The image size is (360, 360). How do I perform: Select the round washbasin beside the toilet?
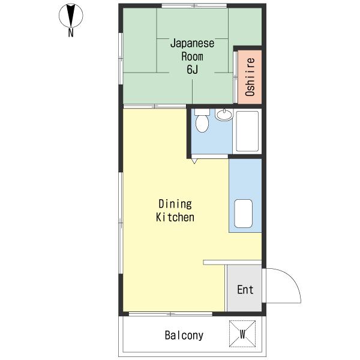pos(224,115)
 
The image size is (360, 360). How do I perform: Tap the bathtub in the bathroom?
pos(247,131)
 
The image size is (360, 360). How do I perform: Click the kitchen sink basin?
pos(244,214)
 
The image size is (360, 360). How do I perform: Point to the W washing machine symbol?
pos(242,334)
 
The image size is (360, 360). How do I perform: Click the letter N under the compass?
pos(71,32)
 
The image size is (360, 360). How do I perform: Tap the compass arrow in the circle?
pos(71,16)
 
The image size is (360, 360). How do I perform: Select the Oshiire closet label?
pos(250,77)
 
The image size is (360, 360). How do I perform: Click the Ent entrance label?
pos(245,290)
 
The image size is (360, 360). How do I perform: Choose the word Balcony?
pos(184,335)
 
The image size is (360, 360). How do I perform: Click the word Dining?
pos(175,204)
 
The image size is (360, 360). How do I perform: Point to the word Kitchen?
pos(175,217)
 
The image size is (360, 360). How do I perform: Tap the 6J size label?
pos(193,70)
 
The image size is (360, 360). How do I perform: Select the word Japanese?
pos(192,43)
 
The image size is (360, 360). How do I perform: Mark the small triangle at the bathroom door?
pos(194,161)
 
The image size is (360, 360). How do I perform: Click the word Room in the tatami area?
pos(192,56)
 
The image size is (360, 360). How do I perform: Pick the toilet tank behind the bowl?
pos(202,112)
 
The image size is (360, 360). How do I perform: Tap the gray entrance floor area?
pos(244,288)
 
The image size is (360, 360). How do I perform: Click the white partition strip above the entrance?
pos(232,262)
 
